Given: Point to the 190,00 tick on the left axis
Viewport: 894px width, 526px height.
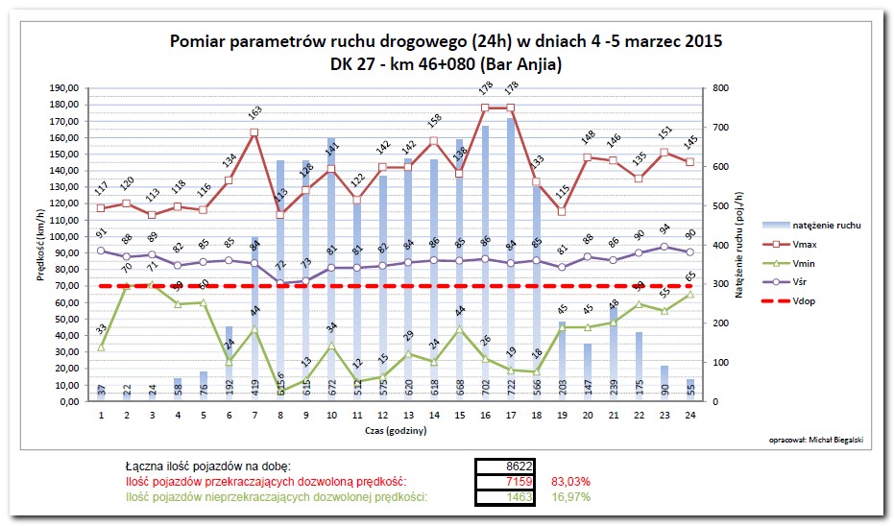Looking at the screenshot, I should pos(63,88).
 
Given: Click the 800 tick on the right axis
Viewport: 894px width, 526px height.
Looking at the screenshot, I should pos(718,88).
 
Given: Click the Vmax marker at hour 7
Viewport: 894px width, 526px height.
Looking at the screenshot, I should pos(254,132).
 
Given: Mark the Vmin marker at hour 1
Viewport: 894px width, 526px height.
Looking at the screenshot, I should pos(101,347).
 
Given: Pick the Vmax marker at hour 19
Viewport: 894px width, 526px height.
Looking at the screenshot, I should pos(562,211).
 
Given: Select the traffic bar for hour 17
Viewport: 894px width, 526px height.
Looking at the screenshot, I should pos(510,259).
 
